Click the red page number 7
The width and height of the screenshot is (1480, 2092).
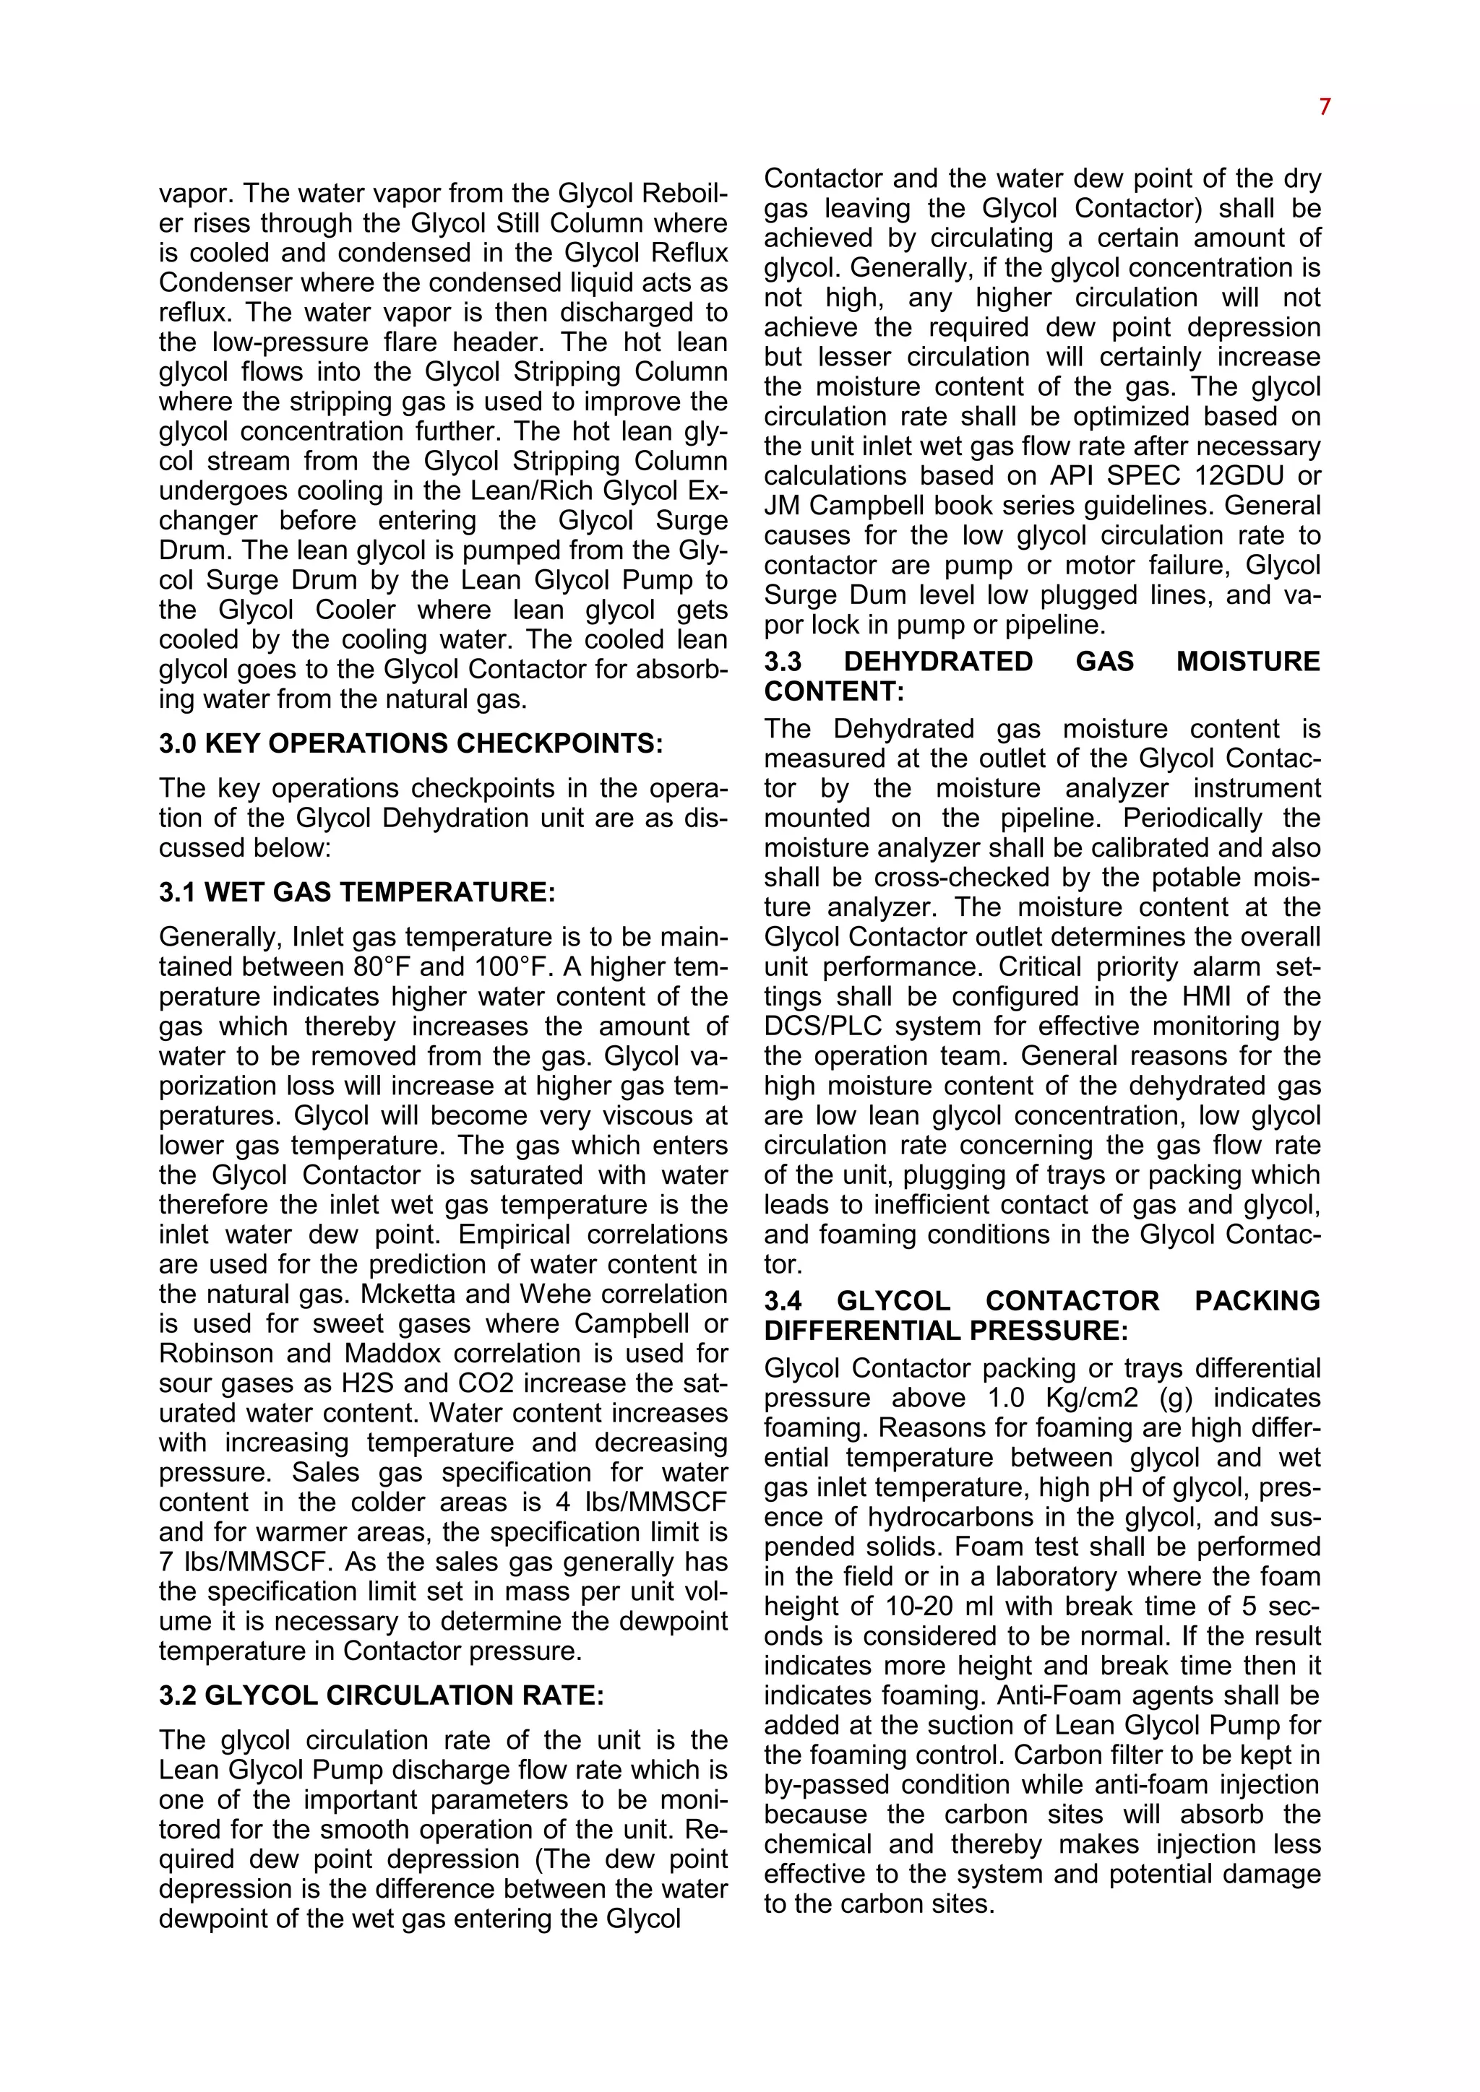click(x=1324, y=108)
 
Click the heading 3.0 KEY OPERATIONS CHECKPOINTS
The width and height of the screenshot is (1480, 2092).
click(x=410, y=743)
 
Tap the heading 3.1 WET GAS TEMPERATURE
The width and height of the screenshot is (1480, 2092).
click(x=356, y=892)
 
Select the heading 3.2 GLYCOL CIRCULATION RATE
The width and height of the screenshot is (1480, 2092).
click(x=381, y=1695)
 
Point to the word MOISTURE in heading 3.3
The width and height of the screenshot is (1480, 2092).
click(x=1247, y=662)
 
